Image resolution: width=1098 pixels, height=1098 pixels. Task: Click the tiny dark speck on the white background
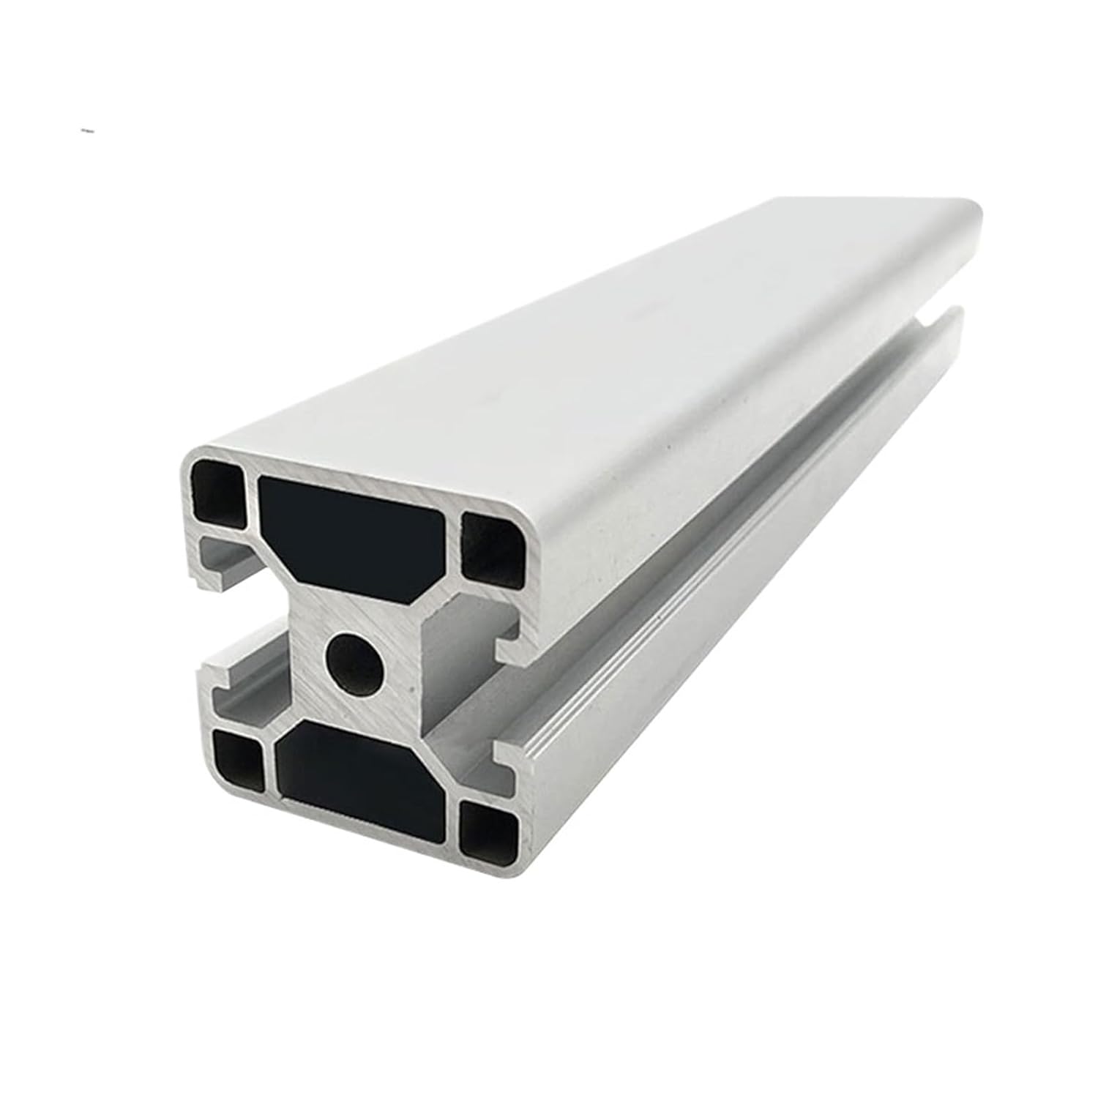pos(88,131)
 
